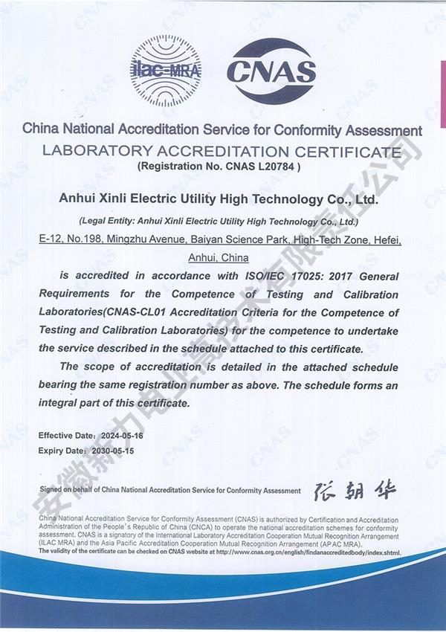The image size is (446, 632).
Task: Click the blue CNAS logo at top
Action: pyautogui.click(x=271, y=71)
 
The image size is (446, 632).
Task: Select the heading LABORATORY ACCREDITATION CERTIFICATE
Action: pyautogui.click(x=222, y=152)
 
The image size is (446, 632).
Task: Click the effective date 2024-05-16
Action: pyautogui.click(x=124, y=434)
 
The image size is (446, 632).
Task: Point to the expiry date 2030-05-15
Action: pyautogui.click(x=114, y=451)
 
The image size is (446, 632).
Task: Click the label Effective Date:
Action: pyautogui.click(x=66, y=434)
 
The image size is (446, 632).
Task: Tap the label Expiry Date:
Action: pyautogui.click(x=61, y=451)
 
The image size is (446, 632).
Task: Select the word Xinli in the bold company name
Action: pyautogui.click(x=109, y=200)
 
